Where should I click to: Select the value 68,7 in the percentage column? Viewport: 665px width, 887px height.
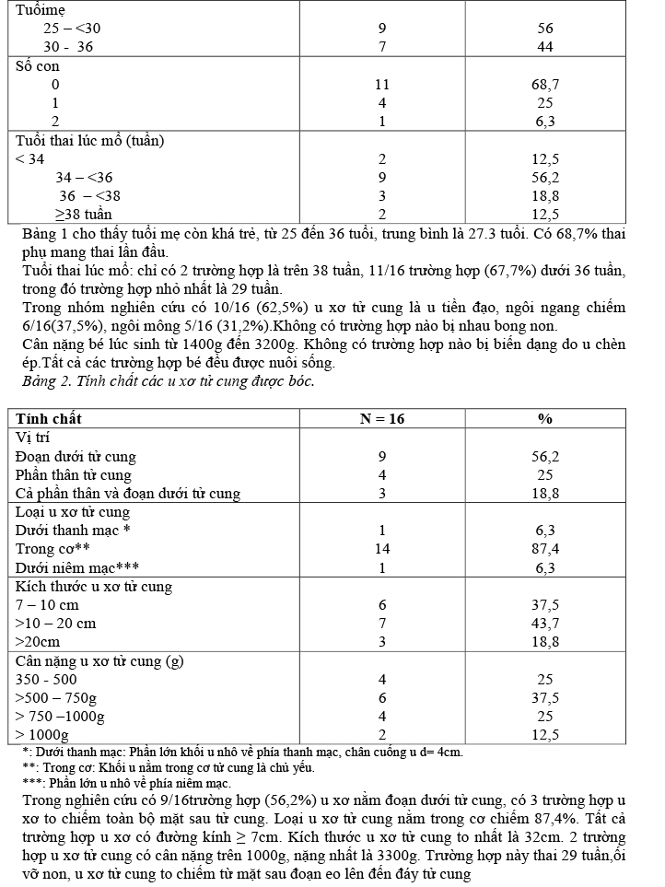[x=545, y=85]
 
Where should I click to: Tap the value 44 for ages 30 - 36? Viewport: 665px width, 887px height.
[x=545, y=47]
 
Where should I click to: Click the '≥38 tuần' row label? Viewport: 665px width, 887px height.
[x=84, y=215]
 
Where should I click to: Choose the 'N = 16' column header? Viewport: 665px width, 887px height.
[x=382, y=419]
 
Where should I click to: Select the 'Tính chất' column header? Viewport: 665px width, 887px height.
[x=49, y=419]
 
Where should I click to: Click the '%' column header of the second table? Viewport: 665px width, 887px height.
[x=545, y=419]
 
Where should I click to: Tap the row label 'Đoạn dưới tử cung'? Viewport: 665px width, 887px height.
[x=76, y=457]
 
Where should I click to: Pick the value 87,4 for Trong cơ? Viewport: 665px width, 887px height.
[x=545, y=549]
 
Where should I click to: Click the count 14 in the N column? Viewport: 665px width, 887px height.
[x=382, y=549]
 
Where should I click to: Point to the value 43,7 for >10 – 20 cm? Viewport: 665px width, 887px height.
[x=545, y=624]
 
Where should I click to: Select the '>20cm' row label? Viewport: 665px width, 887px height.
[x=38, y=642]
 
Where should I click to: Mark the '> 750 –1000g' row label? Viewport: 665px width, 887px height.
[x=60, y=716]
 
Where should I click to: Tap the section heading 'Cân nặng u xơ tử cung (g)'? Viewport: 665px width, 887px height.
[x=100, y=660]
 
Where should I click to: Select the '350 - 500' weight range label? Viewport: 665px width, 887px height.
[x=46, y=679]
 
